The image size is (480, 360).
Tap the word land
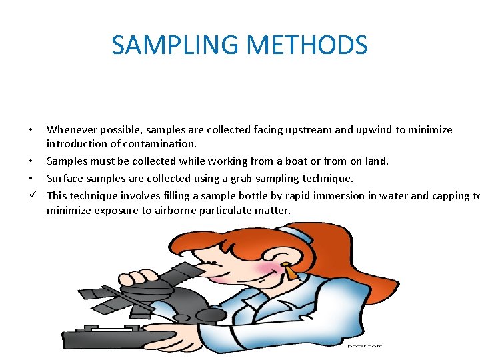[x=375, y=161]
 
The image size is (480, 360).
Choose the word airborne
[x=185, y=211]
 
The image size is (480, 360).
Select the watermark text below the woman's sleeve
[x=365, y=346]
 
